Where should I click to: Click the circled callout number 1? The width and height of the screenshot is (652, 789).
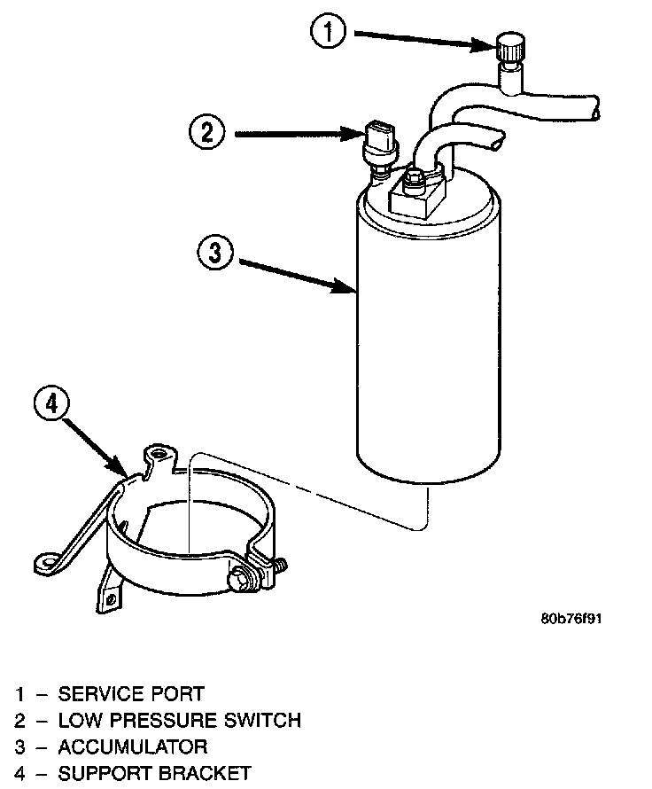(x=330, y=34)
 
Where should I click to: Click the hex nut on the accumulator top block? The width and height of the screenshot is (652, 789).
(x=412, y=184)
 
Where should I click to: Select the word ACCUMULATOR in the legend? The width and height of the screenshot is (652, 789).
(x=133, y=746)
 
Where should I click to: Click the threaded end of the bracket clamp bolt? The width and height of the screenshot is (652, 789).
(x=279, y=565)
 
